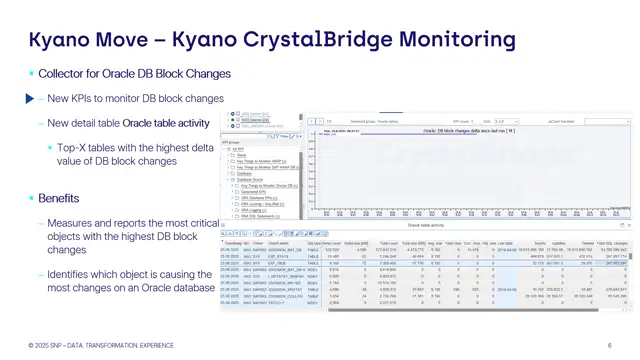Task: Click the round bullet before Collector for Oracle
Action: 30,74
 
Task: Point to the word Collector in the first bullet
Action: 60,74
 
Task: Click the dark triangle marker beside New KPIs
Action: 29,99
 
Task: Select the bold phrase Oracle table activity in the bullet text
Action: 165,123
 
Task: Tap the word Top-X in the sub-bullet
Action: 72,147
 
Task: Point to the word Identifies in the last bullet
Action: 73,273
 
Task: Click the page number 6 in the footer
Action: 609,345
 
